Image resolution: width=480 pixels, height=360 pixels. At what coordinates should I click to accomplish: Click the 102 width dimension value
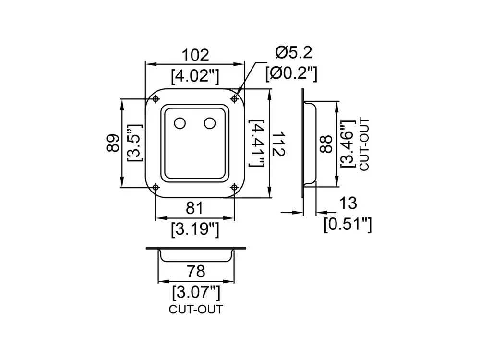coord(195,55)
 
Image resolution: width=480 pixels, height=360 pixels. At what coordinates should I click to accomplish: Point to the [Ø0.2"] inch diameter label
coord(292,73)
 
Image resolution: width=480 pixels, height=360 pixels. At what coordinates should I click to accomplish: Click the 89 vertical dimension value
coord(113,143)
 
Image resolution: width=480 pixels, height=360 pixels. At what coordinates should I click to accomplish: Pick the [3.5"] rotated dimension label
coord(133,143)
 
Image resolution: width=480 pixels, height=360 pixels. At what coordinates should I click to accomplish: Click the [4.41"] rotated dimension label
coord(257,144)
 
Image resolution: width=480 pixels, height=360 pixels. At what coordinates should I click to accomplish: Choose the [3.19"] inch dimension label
coord(195,230)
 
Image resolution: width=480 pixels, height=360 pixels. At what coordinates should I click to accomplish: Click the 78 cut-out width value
coord(195,271)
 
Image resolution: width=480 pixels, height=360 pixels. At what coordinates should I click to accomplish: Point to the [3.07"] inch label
coord(195,291)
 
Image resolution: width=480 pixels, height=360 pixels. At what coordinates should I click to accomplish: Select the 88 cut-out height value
coord(327,143)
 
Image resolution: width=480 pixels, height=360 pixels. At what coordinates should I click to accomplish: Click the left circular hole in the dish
coord(180,123)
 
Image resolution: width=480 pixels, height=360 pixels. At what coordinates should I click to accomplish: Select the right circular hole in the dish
coord(209,123)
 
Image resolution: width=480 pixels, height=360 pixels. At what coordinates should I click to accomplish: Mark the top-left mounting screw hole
coord(156,99)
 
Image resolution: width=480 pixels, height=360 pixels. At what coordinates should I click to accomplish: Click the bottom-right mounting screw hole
coord(235,187)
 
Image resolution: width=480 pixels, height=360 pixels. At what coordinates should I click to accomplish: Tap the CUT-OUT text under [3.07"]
coord(195,309)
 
